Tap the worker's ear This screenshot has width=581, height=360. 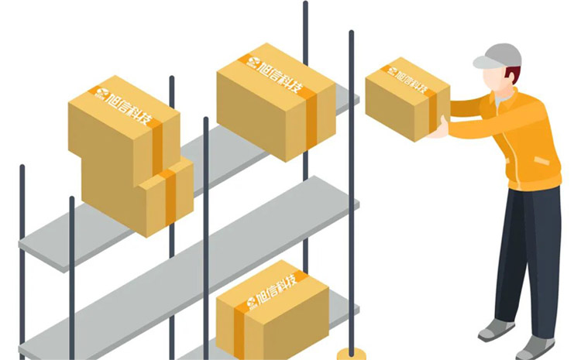(513, 77)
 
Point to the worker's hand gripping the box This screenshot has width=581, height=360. (440, 129)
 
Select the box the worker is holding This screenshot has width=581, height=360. (407, 99)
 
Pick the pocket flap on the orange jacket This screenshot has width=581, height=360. (541, 161)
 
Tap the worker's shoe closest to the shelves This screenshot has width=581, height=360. (496, 330)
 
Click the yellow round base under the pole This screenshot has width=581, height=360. (351, 354)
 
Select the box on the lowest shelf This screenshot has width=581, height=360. (273, 311)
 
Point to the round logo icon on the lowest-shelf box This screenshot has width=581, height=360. (251, 302)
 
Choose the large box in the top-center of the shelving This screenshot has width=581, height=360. (276, 102)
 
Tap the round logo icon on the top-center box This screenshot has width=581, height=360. (254, 62)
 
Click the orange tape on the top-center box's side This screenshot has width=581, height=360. (311, 122)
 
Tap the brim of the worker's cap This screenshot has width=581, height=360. (486, 62)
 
